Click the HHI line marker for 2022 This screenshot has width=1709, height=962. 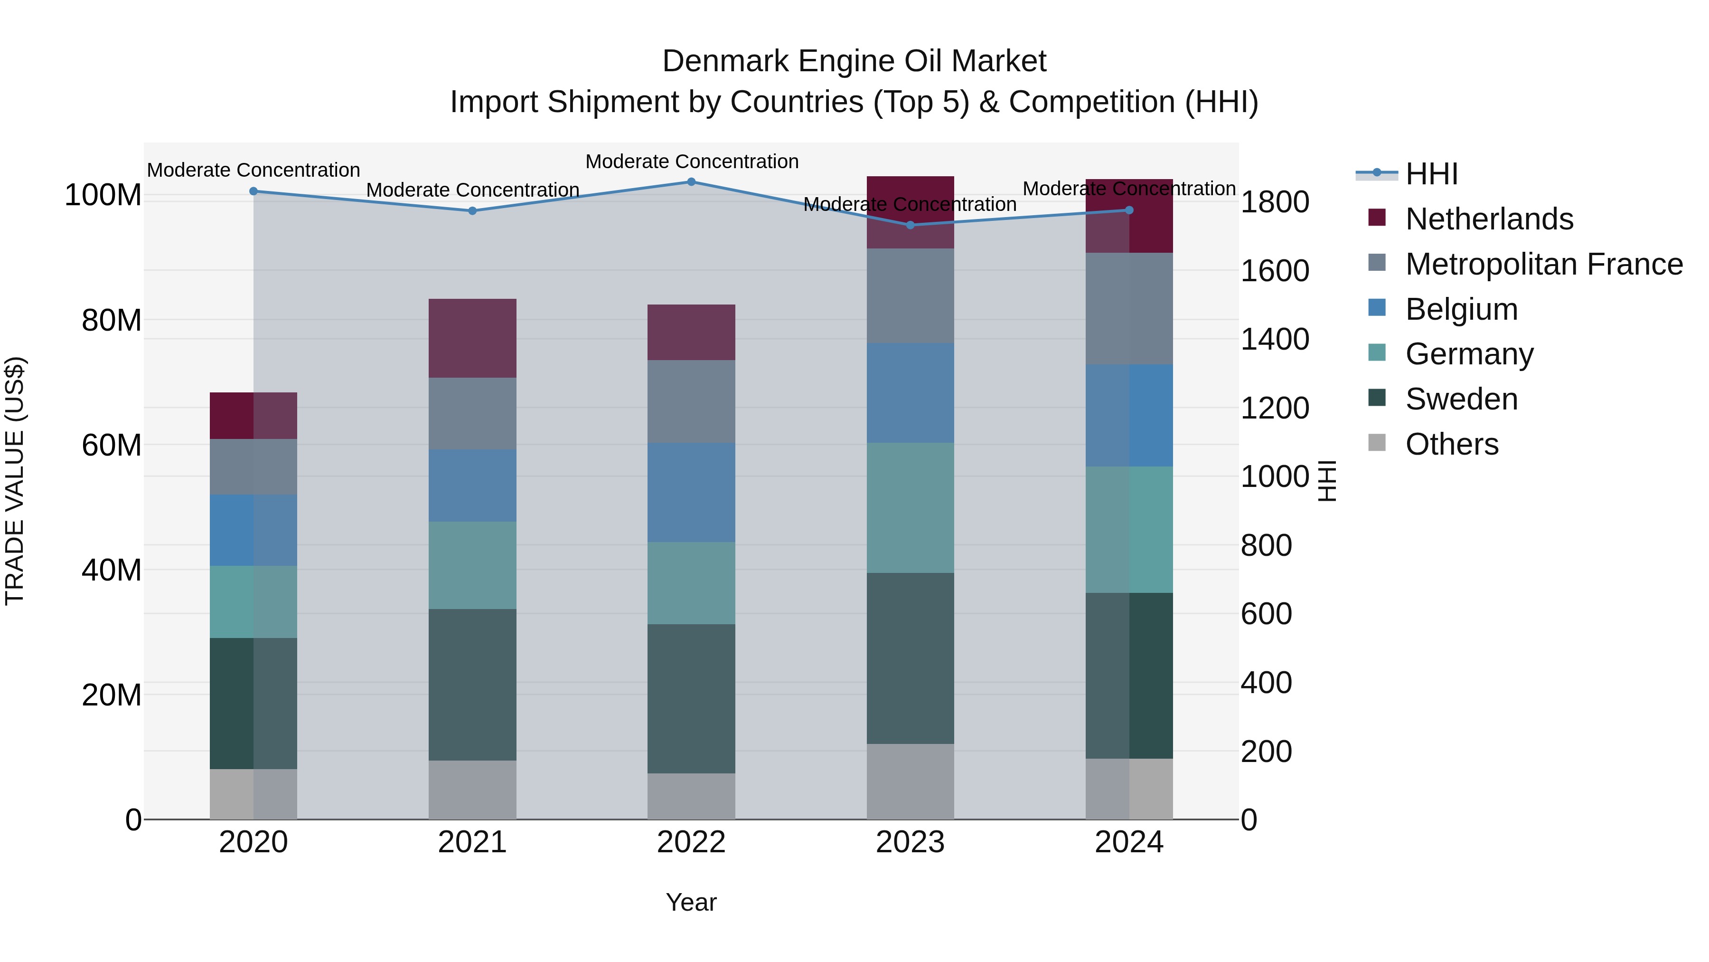[691, 182]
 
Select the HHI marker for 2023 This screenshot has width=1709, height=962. [910, 225]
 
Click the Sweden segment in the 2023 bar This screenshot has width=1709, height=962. [910, 658]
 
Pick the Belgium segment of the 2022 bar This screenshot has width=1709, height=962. [691, 492]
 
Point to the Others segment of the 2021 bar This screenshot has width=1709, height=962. [472, 790]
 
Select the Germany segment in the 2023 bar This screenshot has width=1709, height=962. [910, 507]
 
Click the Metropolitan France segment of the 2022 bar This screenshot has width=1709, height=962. [691, 401]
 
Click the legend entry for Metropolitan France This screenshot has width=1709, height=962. [1543, 264]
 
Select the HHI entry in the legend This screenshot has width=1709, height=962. [1431, 174]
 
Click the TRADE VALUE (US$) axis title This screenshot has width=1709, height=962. [15, 481]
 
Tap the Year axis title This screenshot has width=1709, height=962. [691, 902]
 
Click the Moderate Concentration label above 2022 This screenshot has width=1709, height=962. [691, 162]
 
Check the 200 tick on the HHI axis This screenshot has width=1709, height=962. [1266, 752]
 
